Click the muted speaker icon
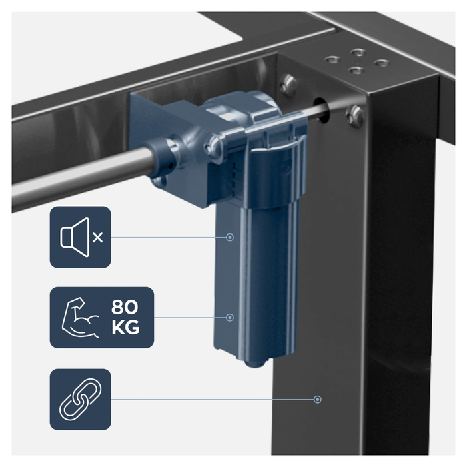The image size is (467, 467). [x=75, y=237]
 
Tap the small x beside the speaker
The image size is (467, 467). [x=97, y=238]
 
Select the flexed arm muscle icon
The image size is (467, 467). [x=80, y=317]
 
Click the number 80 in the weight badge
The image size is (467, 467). [x=125, y=307]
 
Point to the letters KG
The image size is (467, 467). [x=125, y=328]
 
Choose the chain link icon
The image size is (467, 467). [x=81, y=399]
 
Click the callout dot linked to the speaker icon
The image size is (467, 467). [x=230, y=237]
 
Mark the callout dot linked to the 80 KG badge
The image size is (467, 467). [x=230, y=317]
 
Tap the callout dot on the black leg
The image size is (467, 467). [x=318, y=399]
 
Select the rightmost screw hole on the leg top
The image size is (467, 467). [x=382, y=63]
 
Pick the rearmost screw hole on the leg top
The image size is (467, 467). [x=358, y=53]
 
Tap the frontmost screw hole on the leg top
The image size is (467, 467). [x=357, y=71]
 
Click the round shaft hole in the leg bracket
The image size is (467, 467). [x=321, y=109]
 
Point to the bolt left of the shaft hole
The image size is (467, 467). [x=288, y=84]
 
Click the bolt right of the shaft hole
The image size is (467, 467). [x=355, y=115]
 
